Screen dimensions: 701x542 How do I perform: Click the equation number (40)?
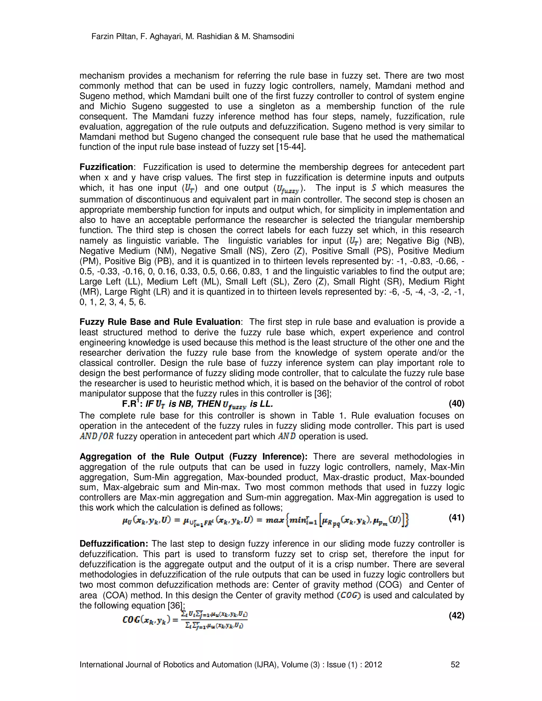[x=456, y=403]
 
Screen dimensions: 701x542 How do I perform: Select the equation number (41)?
[x=456, y=517]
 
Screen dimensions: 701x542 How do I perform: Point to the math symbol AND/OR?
[x=97, y=436]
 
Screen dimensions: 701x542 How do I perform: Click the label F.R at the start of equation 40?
[x=129, y=404]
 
